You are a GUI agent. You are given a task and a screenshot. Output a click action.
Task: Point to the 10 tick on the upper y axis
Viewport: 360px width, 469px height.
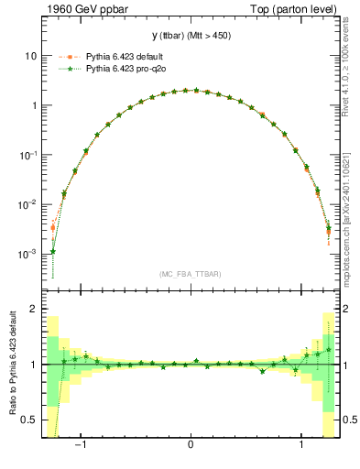click(31, 56)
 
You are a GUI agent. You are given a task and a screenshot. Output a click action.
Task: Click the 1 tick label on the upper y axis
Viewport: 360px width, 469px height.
click(34, 105)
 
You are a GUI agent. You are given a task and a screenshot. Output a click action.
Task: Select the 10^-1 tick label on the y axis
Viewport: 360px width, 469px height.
click(28, 154)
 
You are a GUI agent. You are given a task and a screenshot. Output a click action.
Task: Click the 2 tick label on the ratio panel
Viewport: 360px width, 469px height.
click(34, 310)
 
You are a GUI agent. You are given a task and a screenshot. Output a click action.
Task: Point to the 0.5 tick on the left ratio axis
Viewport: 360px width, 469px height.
click(30, 420)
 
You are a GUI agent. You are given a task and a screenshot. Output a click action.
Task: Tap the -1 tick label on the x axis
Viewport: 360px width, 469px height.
click(81, 447)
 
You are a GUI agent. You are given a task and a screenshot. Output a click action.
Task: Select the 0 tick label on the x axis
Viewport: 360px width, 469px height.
click(190, 447)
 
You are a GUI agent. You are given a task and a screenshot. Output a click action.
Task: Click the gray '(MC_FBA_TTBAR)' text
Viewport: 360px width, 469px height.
click(191, 274)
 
